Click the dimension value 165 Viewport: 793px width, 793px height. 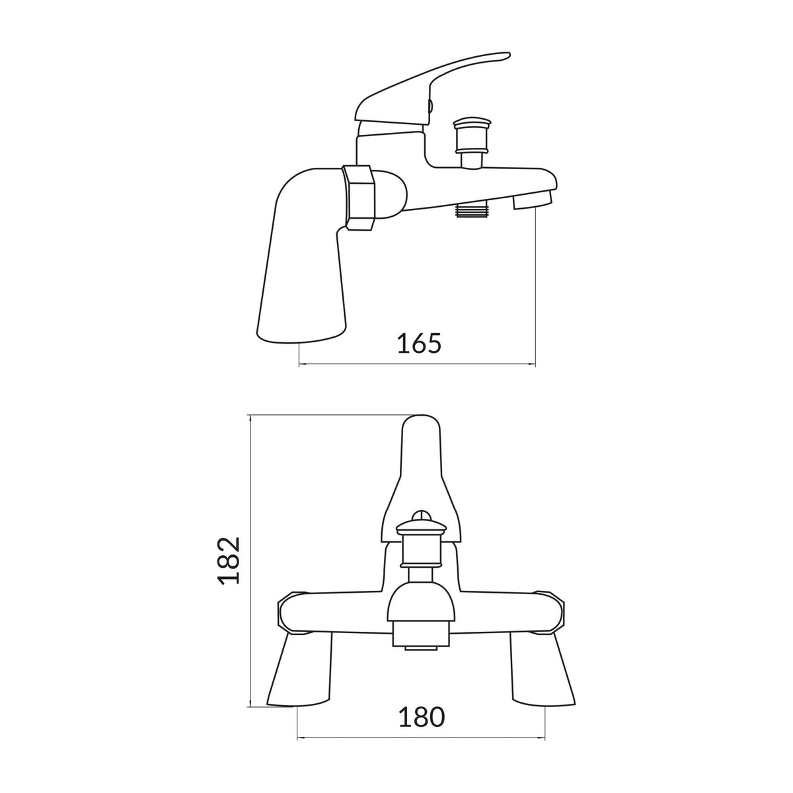tap(418, 344)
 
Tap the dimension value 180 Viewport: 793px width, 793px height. tap(422, 717)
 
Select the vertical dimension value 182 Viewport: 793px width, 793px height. tap(229, 560)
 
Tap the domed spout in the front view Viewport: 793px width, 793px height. tap(421, 601)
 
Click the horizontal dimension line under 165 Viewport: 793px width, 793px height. tap(418, 363)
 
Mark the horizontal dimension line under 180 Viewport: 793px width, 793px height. tap(422, 737)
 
